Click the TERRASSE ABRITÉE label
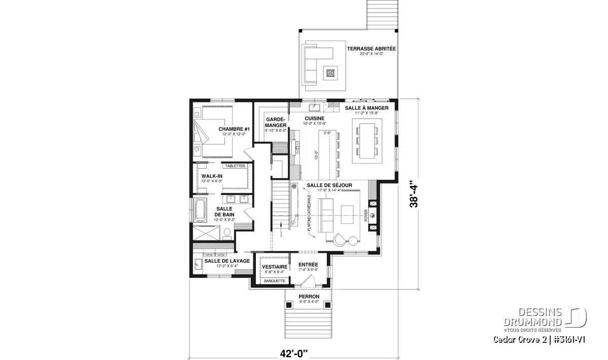point(371,49)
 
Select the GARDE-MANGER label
point(276,122)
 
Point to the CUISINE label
point(314,118)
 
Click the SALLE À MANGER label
point(367,108)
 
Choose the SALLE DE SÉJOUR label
point(329,185)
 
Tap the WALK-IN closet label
point(212,176)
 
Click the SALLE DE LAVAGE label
point(227,261)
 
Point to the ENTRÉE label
point(308,264)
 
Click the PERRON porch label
point(309,296)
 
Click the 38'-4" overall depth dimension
point(414,194)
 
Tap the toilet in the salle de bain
point(227,234)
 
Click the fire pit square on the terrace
point(330,73)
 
